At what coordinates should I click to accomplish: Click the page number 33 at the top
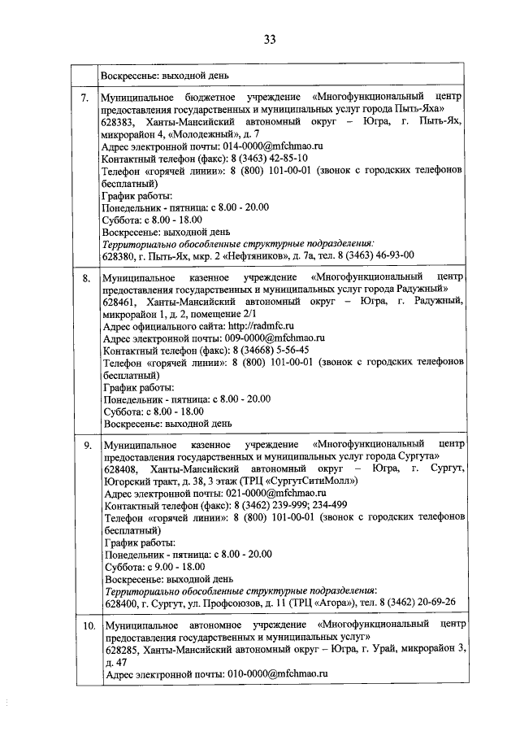(270, 39)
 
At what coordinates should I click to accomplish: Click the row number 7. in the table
(84, 98)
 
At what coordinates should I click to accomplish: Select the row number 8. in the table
(84, 279)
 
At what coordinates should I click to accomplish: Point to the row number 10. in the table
(87, 625)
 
